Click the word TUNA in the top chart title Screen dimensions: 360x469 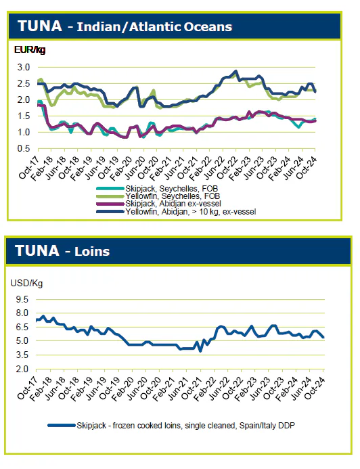click(x=40, y=26)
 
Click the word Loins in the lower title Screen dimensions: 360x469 click(x=92, y=252)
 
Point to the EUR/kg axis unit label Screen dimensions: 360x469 click(x=30, y=49)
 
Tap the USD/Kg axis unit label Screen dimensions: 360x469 click(x=26, y=283)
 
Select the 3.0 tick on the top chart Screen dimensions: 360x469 click(x=24, y=67)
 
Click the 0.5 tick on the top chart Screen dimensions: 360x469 click(x=24, y=149)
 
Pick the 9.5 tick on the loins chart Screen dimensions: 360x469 click(x=22, y=299)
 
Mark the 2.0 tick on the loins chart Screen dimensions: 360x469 click(x=22, y=369)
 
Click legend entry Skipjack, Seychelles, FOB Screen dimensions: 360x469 click(x=172, y=189)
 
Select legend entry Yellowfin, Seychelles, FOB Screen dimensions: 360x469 click(x=173, y=196)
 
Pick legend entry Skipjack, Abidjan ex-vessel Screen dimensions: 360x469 click(x=173, y=204)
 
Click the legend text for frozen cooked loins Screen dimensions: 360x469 click(x=185, y=425)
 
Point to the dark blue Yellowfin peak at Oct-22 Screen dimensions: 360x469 click(x=236, y=71)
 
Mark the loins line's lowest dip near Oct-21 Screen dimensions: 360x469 click(x=200, y=351)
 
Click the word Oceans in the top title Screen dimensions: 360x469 click(x=208, y=27)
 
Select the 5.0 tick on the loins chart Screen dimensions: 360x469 click(x=22, y=341)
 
